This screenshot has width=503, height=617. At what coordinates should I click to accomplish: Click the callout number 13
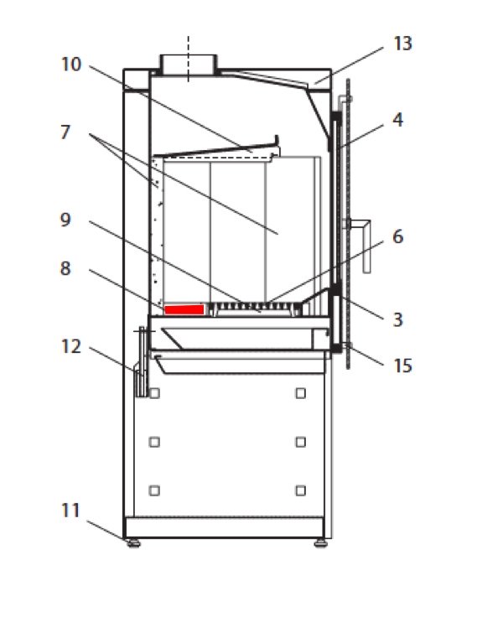[x=402, y=44]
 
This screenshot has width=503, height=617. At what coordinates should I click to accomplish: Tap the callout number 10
[x=71, y=65]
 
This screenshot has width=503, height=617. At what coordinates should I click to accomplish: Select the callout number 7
[x=65, y=132]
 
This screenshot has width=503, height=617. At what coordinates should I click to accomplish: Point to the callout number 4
[x=398, y=120]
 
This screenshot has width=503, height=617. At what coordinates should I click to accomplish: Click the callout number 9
[x=65, y=220]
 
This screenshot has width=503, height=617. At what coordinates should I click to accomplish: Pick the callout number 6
[x=398, y=236]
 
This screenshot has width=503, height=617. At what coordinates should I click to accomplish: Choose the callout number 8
[x=65, y=268]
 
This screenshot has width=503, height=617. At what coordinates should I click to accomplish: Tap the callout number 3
[x=398, y=319]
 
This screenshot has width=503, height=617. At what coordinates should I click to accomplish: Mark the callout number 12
[x=71, y=346]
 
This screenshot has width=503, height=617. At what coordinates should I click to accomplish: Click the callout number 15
[x=402, y=366]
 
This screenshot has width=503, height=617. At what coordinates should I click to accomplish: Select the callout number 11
[x=71, y=511]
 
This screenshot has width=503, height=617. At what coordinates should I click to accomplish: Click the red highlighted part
[x=184, y=309]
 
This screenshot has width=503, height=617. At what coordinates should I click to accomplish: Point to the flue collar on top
[x=188, y=65]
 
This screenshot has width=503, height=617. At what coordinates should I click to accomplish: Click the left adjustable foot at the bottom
[x=134, y=543]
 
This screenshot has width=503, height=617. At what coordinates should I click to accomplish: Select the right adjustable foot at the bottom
[x=321, y=543]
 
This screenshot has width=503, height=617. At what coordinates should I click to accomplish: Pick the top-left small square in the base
[x=154, y=393]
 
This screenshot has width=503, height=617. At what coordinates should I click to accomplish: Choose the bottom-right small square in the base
[x=301, y=490]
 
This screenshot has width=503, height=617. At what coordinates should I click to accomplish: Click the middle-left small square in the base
[x=154, y=442]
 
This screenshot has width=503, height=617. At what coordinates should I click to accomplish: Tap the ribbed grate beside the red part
[x=257, y=308]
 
